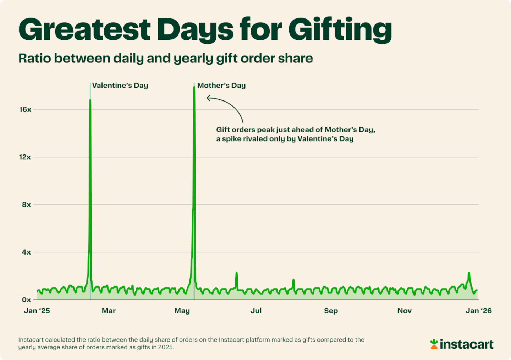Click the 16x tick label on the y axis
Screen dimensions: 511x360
pyautogui.click(x=25, y=110)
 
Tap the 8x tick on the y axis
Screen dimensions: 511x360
pyautogui.click(x=27, y=205)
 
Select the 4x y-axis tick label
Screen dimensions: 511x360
pyautogui.click(x=27, y=252)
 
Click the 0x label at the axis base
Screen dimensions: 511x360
pyautogui.click(x=27, y=300)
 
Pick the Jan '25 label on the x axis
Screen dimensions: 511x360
pyautogui.click(x=37, y=311)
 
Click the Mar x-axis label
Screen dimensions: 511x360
pyautogui.click(x=109, y=311)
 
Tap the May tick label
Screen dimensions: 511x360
pyautogui.click(x=182, y=311)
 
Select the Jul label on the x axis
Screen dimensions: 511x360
pyautogui.click(x=256, y=311)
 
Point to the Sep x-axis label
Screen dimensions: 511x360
pyautogui.click(x=331, y=311)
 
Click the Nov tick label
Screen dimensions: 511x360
pyautogui.click(x=405, y=311)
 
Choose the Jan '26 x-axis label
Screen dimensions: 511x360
pyautogui.click(x=479, y=311)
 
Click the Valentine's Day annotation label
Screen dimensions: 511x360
pyautogui.click(x=120, y=86)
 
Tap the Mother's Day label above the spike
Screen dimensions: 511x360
pyautogui.click(x=221, y=86)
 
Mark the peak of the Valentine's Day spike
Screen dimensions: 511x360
pyautogui.click(x=90, y=100)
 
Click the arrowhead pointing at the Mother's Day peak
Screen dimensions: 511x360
pyautogui.click(x=208, y=98)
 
